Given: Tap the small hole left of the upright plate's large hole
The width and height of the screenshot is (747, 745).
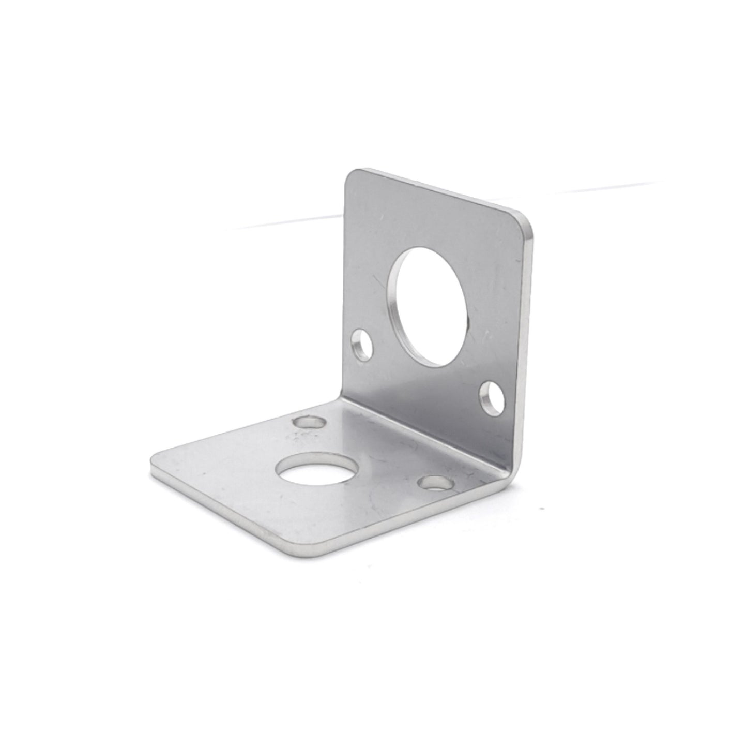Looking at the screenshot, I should point(360,344).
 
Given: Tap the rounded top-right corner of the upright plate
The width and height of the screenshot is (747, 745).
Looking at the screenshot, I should point(525,217).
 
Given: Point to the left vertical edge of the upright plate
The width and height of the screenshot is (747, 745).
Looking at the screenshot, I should point(345,285).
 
